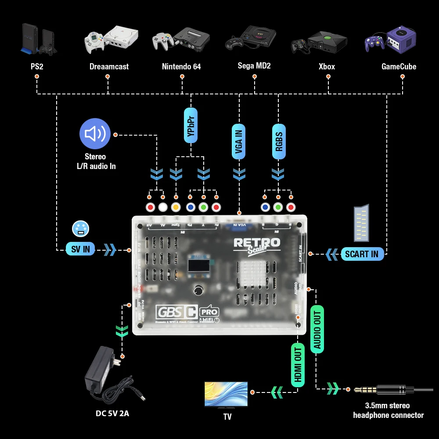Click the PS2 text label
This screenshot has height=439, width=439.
coord(36,67)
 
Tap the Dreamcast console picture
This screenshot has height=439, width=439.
coord(111,40)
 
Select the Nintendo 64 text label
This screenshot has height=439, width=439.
coord(181,67)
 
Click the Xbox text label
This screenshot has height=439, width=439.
coord(327,67)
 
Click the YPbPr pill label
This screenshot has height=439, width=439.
coord(191,125)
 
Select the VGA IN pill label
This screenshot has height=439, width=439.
coord(239,140)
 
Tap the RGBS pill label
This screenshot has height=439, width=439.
coord(278,140)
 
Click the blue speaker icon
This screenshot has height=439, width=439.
coord(95,134)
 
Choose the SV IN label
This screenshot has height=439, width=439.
coord(80,249)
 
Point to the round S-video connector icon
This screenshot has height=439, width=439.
coord(80,229)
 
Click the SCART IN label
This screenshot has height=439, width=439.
coord(362,254)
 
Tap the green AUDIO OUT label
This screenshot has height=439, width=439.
coord(317,329)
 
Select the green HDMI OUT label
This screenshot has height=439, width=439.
coord(298,364)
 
